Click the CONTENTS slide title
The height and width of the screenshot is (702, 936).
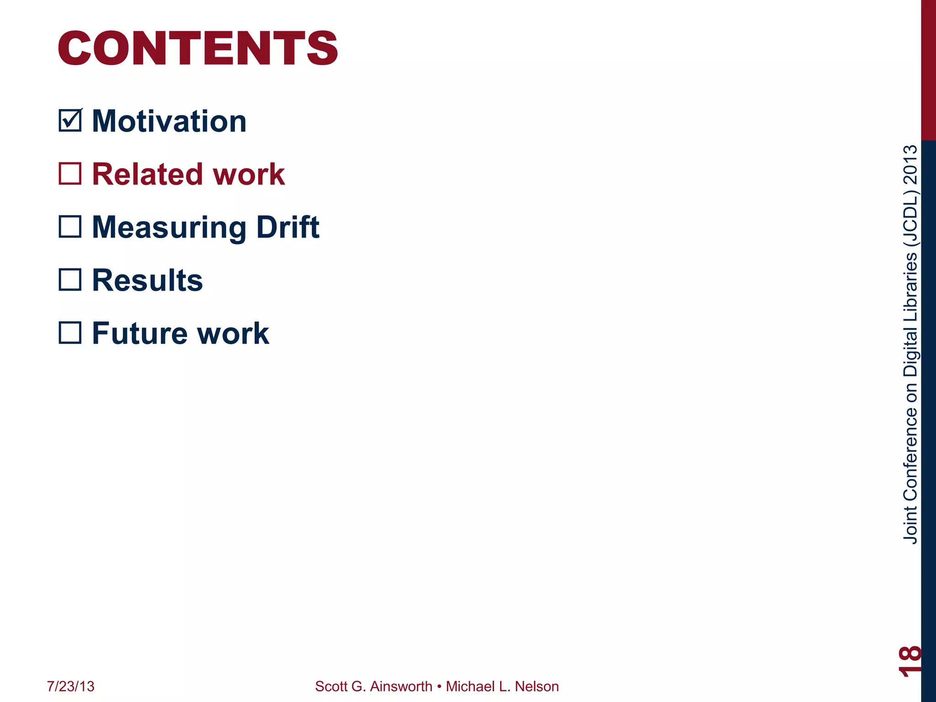click(197, 48)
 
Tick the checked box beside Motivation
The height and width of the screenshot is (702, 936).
click(70, 121)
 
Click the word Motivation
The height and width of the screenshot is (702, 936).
click(169, 122)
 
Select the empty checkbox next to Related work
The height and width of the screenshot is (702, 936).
click(70, 174)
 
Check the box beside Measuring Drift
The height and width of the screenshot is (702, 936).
click(70, 227)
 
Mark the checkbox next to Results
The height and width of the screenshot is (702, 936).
click(70, 280)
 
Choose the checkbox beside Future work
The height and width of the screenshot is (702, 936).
click(70, 333)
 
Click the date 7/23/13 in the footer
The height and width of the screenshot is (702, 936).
click(71, 686)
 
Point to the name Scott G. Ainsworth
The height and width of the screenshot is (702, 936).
click(373, 686)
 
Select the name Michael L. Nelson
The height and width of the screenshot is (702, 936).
click(502, 686)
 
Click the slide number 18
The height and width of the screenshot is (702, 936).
click(909, 660)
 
